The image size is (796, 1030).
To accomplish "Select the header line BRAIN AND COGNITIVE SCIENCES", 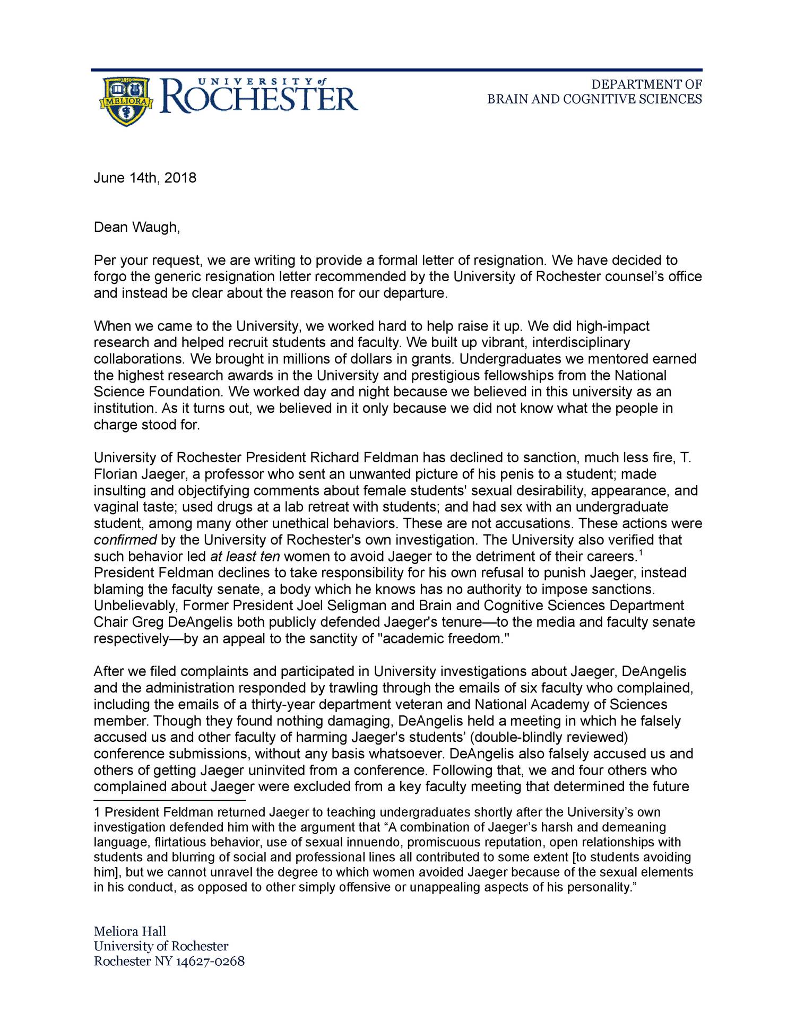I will (x=594, y=99).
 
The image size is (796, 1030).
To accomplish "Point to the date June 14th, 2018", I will (x=145, y=178).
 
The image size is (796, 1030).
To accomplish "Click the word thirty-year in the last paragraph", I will (x=288, y=704).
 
